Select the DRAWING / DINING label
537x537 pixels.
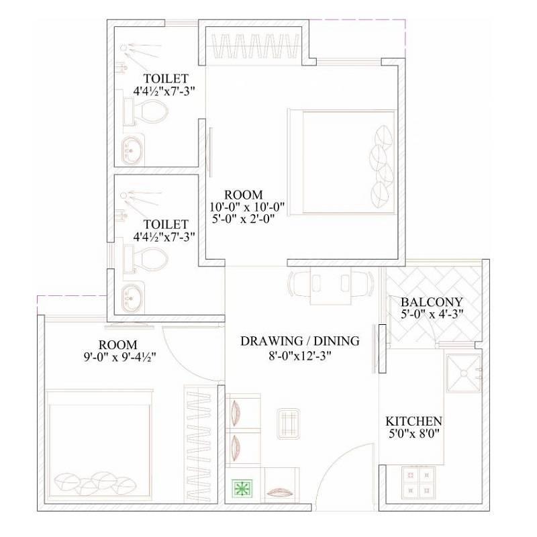[x=300, y=341]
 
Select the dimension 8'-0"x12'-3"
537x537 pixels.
[x=300, y=355]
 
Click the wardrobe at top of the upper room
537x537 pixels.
[x=256, y=48]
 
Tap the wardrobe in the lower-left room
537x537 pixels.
[x=202, y=444]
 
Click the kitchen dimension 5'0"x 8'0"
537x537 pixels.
[x=413, y=434]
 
